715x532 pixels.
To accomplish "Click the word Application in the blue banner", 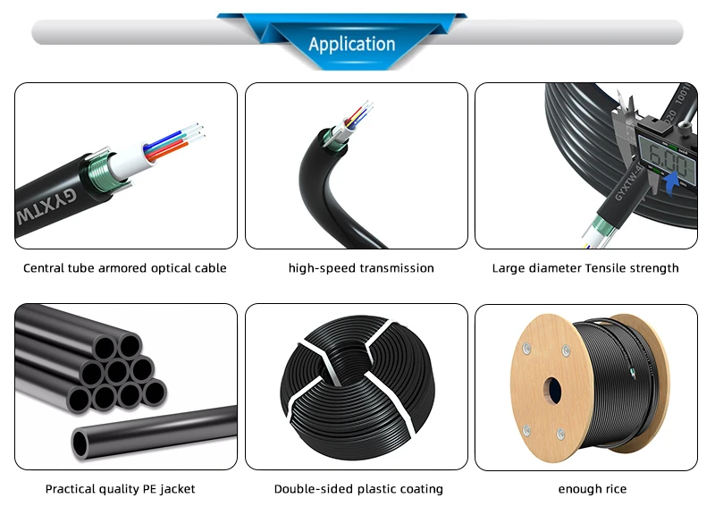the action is coord(351,44).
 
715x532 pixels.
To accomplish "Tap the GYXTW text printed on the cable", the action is coord(46,207).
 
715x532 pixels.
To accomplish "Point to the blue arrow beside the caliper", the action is coord(672,183).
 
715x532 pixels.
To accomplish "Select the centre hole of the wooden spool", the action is coord(553,391).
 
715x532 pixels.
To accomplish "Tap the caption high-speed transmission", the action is coord(361,268).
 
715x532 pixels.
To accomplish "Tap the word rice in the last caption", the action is coord(616,489).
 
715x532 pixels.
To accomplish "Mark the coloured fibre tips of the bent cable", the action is coord(359,113).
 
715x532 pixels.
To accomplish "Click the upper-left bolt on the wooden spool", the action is coord(526,349).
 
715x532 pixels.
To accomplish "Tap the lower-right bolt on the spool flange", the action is coord(560,434).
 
